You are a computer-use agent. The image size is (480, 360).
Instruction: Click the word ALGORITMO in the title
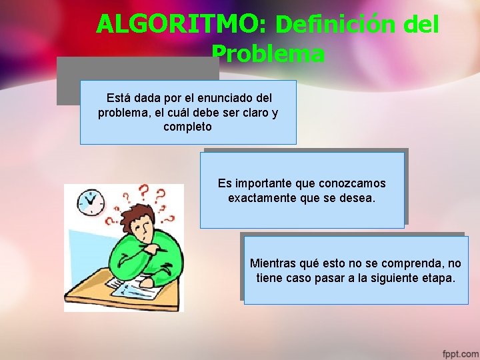pos(181,25)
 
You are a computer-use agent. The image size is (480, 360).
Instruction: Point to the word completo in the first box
pos(187,127)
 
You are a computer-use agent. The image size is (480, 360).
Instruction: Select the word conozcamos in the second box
pos(352,183)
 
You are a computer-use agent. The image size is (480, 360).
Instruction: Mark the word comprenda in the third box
pos(412,263)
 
